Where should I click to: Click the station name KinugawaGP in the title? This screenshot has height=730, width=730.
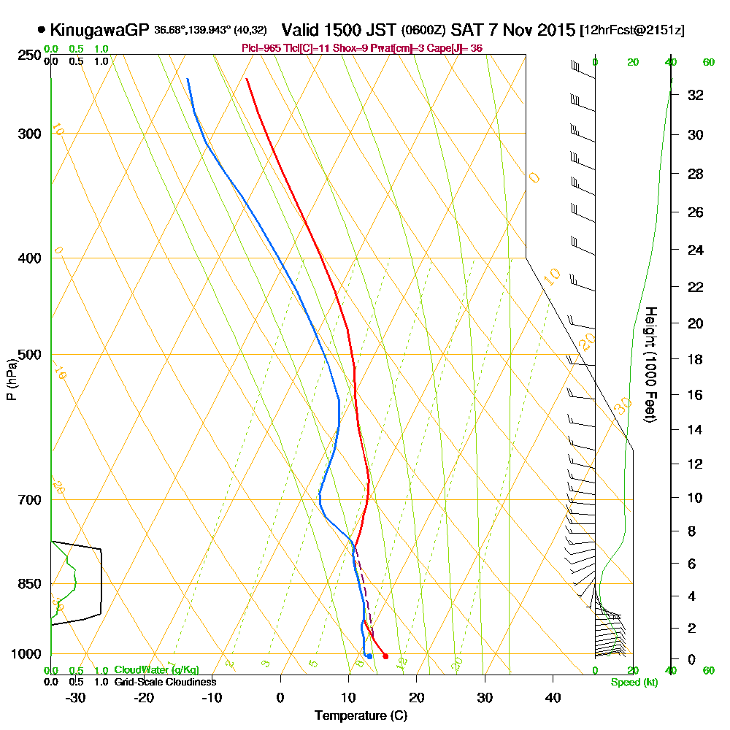pyautogui.click(x=101, y=30)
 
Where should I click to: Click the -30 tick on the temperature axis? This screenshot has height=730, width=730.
pyautogui.click(x=76, y=697)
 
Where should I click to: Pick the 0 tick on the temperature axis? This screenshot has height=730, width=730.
pyautogui.click(x=280, y=697)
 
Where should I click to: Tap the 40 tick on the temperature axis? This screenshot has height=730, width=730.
pyautogui.click(x=553, y=697)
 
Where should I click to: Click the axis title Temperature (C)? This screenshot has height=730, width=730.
pyautogui.click(x=361, y=716)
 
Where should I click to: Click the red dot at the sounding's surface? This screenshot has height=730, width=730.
pyautogui.click(x=385, y=656)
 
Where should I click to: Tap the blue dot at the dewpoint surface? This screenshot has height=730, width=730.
pyautogui.click(x=369, y=656)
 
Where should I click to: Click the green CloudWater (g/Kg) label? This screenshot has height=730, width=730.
pyautogui.click(x=156, y=670)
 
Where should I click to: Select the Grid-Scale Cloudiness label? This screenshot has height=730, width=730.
pyautogui.click(x=165, y=682)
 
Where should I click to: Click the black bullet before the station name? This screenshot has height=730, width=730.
pyautogui.click(x=41, y=30)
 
